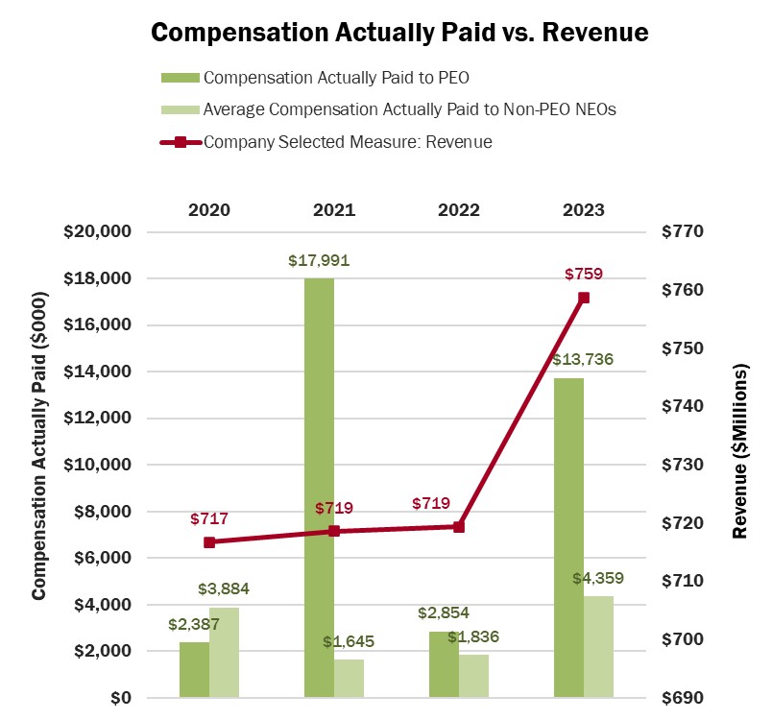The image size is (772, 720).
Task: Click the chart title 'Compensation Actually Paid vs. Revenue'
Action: pos(400,32)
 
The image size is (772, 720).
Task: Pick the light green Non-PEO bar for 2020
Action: pos(224,652)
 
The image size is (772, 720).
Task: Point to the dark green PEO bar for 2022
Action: pos(444,663)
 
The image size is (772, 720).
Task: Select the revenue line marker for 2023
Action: pos(583,298)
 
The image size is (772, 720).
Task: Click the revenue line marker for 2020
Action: pos(209,542)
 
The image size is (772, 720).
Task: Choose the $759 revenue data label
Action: pos(583,275)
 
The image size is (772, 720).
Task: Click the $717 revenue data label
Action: pos(209,519)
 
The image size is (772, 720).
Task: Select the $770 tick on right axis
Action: pos(684,232)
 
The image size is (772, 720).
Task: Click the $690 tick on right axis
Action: pos(684,698)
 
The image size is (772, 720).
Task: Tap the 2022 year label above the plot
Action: pos(459,209)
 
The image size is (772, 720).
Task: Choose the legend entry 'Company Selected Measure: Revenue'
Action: pos(348,142)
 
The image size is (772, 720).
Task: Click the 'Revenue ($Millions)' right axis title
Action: pos(740,450)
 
